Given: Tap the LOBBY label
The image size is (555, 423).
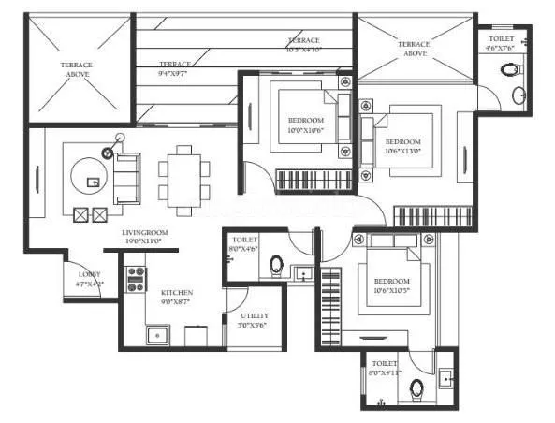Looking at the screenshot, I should pos(89,276).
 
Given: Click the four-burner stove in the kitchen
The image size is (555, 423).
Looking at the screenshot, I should pos(136,278).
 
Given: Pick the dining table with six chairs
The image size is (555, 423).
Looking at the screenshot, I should pos(178,176).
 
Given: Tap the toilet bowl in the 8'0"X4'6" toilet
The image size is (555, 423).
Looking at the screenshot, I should pos(277,265).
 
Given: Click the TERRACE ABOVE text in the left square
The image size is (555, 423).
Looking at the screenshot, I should pos(77,68).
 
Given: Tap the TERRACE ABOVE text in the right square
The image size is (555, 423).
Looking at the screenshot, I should pos(413,49).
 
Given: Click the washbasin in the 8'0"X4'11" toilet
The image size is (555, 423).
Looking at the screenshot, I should pos(445,378).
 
